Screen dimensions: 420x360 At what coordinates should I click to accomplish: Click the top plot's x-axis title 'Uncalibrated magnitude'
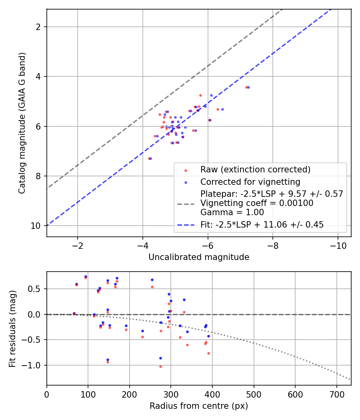[199, 257]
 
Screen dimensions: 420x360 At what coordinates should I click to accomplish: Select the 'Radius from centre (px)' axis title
[199, 406]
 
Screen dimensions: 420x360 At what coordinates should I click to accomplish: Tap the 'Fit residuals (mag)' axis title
[12, 328]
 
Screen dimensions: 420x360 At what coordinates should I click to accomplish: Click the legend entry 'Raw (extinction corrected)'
[256, 170]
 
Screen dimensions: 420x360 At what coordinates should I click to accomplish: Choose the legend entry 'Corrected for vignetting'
[250, 182]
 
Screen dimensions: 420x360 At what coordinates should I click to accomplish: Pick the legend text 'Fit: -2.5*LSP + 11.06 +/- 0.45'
[262, 225]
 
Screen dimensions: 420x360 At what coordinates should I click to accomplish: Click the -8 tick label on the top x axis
[273, 244]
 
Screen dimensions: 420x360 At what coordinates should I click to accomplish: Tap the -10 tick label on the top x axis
[338, 244]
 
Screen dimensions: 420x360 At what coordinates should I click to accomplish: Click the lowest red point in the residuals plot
[161, 366]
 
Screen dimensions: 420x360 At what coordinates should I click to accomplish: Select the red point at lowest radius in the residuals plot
[74, 314]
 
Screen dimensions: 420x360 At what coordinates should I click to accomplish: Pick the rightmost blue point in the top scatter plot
[248, 87]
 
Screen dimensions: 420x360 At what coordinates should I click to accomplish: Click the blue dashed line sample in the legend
[186, 225]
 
